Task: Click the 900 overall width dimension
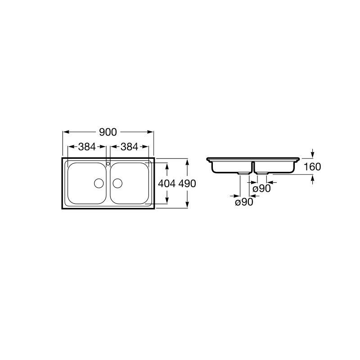tap(108, 132)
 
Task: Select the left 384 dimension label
tap(87, 147)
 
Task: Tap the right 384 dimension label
tap(130, 147)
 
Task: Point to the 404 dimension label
tap(167, 184)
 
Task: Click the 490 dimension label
tap(187, 184)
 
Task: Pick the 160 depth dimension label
tap(312, 166)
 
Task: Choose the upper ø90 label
tap(262, 189)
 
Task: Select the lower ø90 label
tap(244, 202)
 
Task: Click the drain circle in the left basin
tap(99, 183)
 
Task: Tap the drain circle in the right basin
tap(117, 183)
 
